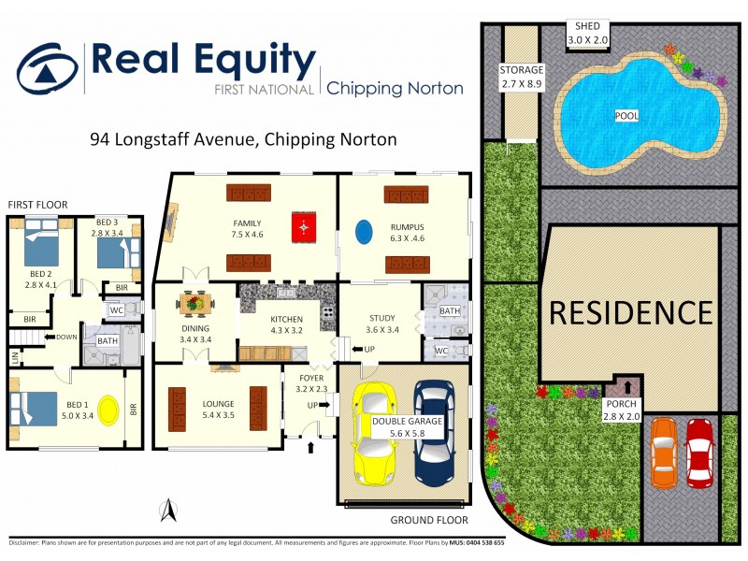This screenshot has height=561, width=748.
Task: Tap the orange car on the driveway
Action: pos(663,453)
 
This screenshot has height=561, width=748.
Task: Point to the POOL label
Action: pos(626,116)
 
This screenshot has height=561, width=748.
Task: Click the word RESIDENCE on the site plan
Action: pos(629,311)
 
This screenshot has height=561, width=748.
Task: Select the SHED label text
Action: pos(593,26)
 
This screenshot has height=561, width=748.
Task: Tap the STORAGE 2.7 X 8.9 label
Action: pos(522,77)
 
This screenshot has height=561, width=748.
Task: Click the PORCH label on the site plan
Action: pos(621,410)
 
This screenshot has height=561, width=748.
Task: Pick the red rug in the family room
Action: pos(302,227)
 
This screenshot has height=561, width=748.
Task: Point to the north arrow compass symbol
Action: pos(167,511)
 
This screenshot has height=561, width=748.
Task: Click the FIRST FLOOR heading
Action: pos(37,204)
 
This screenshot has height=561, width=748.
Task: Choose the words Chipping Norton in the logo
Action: pos(395,89)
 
